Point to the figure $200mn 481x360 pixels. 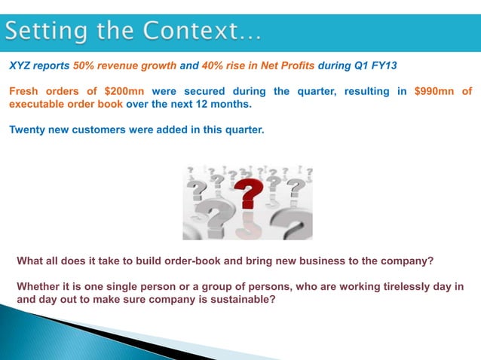[123, 92]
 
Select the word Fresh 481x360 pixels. [23, 92]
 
